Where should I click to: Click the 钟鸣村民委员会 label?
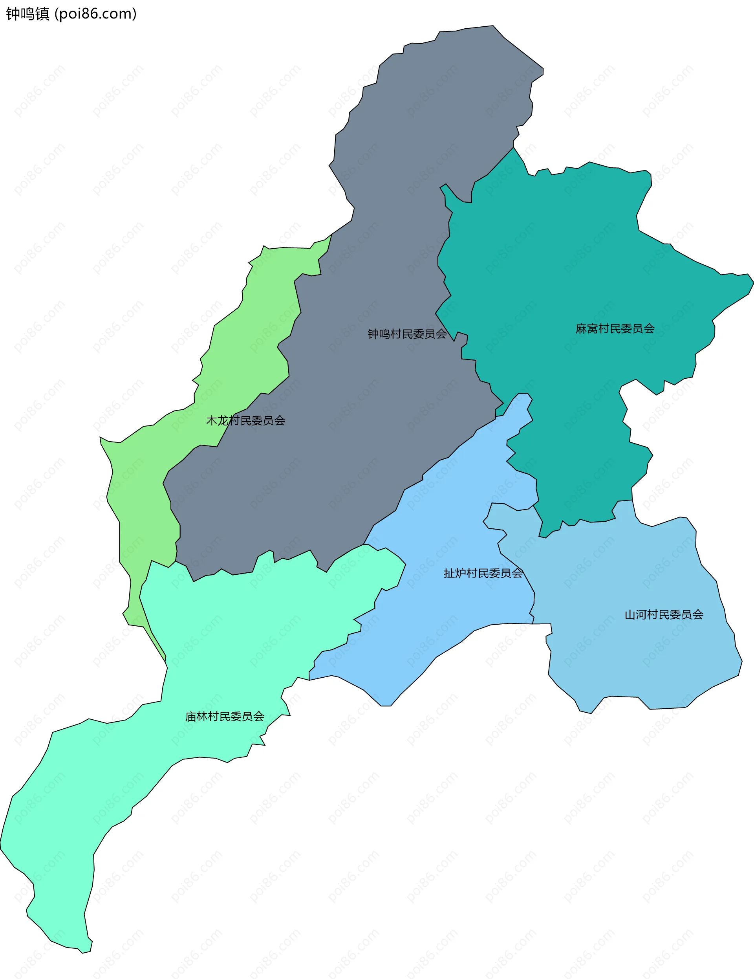point(407,334)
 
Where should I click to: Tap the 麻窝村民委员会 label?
point(615,328)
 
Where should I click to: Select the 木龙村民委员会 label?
point(245,420)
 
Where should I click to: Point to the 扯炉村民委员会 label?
point(483,573)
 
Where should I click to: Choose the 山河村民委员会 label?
point(664,614)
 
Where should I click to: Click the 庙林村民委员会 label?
point(225,716)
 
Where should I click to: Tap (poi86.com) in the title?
point(95,14)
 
